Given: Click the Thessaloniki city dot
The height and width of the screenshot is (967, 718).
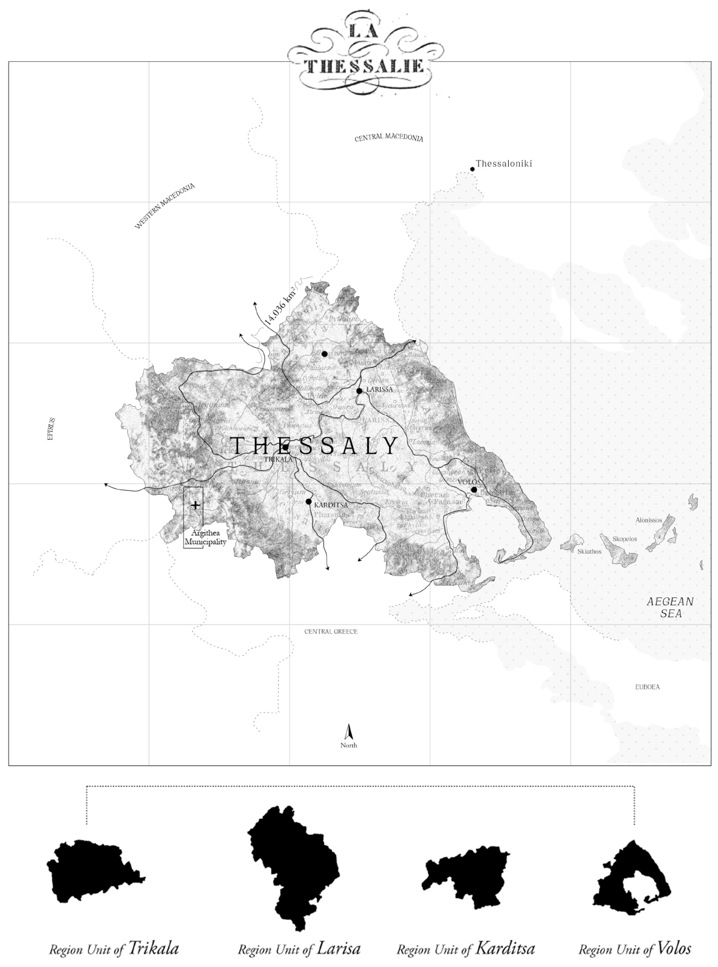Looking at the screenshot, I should point(472,169).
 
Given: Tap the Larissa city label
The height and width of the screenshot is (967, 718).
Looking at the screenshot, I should point(379,389).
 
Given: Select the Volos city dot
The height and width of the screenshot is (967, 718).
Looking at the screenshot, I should point(474,490).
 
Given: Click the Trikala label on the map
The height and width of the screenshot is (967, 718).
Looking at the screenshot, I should point(278,459).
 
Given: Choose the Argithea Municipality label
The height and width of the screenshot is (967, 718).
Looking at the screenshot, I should point(205,538).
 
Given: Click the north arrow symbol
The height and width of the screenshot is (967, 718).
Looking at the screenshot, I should point(348,732).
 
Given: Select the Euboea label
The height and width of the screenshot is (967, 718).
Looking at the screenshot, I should point(647,687).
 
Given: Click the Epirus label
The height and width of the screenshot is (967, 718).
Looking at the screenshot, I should point(51,429).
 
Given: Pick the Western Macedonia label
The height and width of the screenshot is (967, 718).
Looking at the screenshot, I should point(165,206).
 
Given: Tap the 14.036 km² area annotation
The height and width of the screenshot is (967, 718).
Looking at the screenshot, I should point(280,307).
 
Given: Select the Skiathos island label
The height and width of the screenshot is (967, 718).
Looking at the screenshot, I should point(589,552).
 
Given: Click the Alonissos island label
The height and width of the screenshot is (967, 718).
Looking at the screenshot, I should point(648,520).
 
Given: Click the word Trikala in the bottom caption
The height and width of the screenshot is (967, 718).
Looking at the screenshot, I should point(154,948).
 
